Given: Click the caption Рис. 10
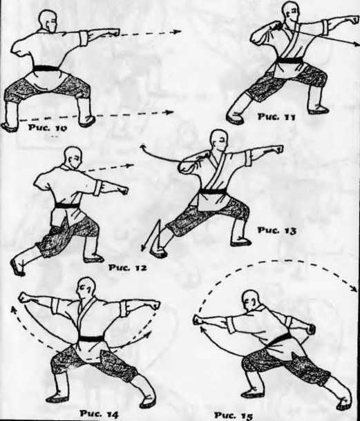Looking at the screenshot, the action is click(47, 127).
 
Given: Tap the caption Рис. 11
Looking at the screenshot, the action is click(276, 117).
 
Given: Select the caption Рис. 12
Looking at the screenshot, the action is click(127, 267).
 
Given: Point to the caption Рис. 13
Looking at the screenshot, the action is click(277, 231).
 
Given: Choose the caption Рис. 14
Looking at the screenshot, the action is click(100, 413).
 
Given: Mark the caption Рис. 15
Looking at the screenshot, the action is click(234, 415).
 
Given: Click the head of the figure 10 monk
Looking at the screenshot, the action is click(48, 21).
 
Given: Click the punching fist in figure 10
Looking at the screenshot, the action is click(114, 32).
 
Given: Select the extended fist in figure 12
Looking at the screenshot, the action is click(123, 190).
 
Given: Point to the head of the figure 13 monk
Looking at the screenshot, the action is click(220, 141).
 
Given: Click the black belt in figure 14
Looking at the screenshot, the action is click(92, 338).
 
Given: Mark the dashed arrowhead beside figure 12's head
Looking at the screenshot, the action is click(131, 165).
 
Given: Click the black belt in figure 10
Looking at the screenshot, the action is click(46, 68).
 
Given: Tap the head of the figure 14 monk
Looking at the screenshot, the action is click(86, 288).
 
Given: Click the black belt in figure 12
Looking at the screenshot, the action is click(67, 206).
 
